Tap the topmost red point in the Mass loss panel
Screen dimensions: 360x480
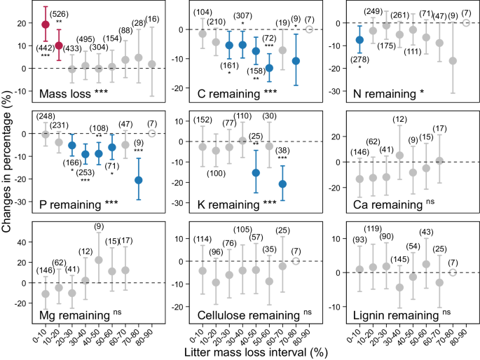(x=46, y=25)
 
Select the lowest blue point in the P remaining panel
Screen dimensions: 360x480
(x=139, y=180)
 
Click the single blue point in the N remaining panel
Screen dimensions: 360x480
(x=359, y=40)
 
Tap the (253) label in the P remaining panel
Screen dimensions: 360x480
(x=87, y=172)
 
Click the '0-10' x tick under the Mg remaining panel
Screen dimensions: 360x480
(x=46, y=328)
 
